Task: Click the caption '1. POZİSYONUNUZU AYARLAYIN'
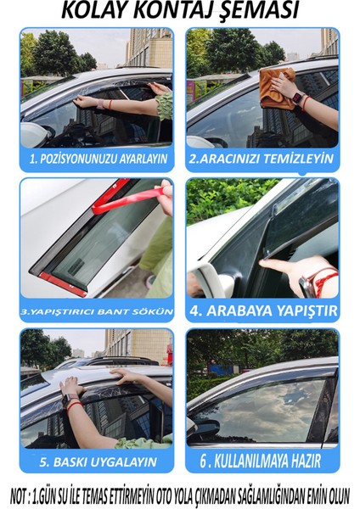(x=96, y=159)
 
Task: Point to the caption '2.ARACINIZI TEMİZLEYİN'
(x=262, y=159)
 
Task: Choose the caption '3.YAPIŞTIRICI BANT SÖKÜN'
(x=96, y=310)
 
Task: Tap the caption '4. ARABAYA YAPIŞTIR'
(x=262, y=310)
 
